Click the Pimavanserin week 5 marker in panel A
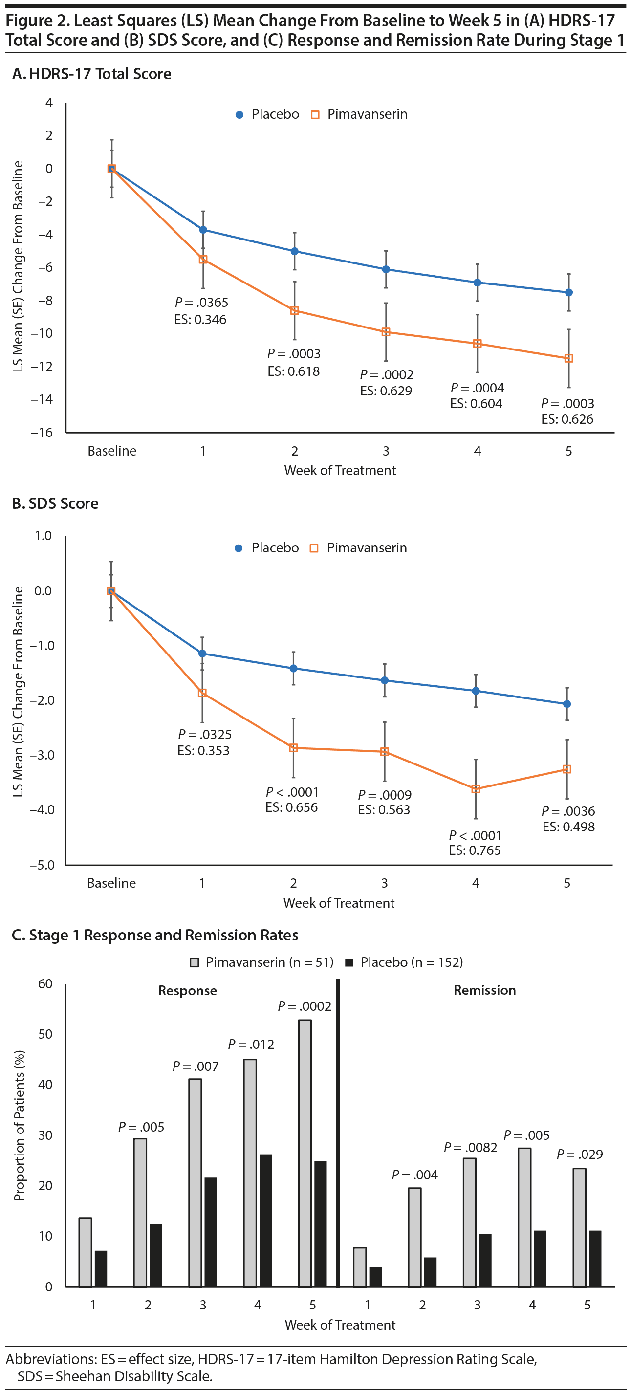pyautogui.click(x=569, y=358)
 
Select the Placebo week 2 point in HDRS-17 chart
pyautogui.click(x=295, y=251)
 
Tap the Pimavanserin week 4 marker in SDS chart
pyautogui.click(x=476, y=789)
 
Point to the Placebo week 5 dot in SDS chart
pyautogui.click(x=567, y=704)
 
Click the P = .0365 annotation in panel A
pyautogui.click(x=201, y=302)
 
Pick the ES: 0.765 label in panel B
pyautogui.click(x=475, y=850)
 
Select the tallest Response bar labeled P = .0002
pyautogui.click(x=305, y=1154)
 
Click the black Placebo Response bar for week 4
pyautogui.click(x=265, y=1221)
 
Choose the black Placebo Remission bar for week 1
pyautogui.click(x=375, y=1277)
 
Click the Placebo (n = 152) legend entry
pyautogui.click(x=404, y=962)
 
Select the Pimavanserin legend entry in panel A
pyautogui.click(x=360, y=114)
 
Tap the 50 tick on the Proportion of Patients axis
pyautogui.click(x=45, y=1034)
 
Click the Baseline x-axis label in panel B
pyautogui.click(x=111, y=883)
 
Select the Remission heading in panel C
pyautogui.click(x=484, y=990)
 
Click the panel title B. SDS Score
pyautogui.click(x=55, y=503)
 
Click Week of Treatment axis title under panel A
pyautogui.click(x=340, y=470)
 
